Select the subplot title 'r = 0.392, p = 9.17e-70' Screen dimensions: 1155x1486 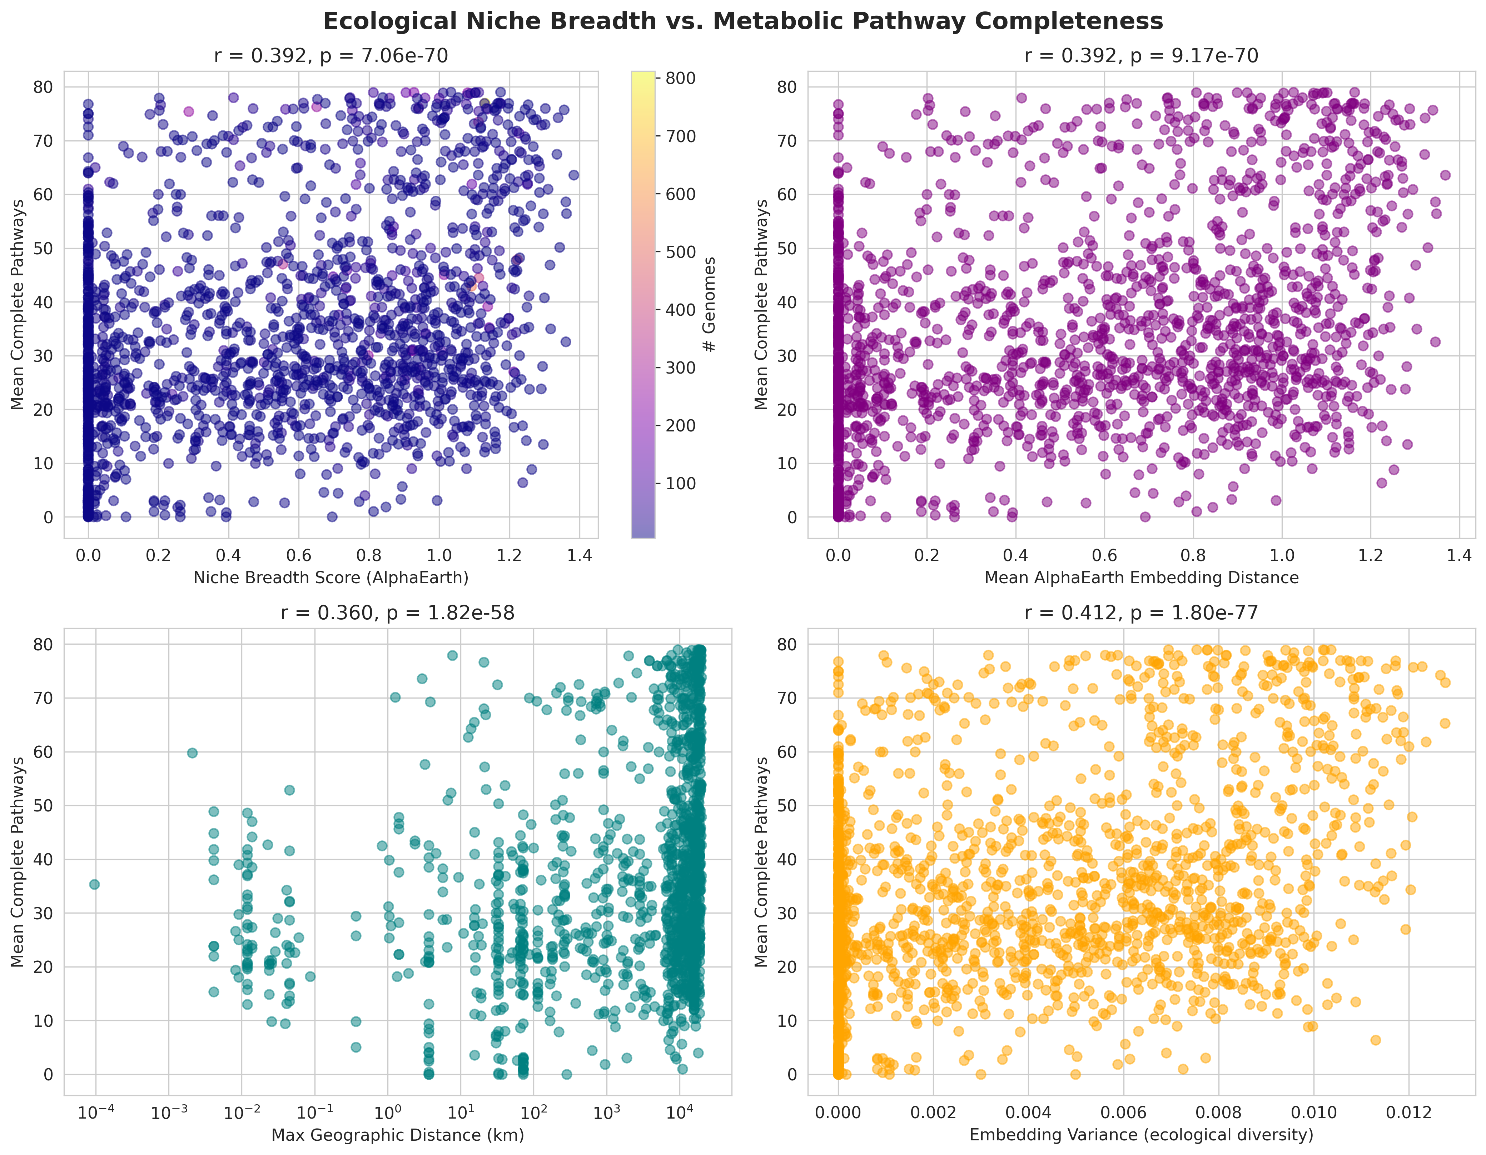coord(1141,56)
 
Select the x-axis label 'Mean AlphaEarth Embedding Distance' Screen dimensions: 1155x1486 coord(1141,578)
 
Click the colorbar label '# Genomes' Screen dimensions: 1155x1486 coord(710,304)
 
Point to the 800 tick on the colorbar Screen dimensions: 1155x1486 coord(680,78)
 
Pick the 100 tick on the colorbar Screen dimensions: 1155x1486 coord(680,484)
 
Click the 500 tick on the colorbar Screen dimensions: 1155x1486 coord(680,252)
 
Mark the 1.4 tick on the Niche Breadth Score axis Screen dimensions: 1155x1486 coord(579,556)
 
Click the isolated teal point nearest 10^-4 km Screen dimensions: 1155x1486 coord(95,884)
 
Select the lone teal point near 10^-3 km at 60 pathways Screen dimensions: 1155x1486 coord(193,752)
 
